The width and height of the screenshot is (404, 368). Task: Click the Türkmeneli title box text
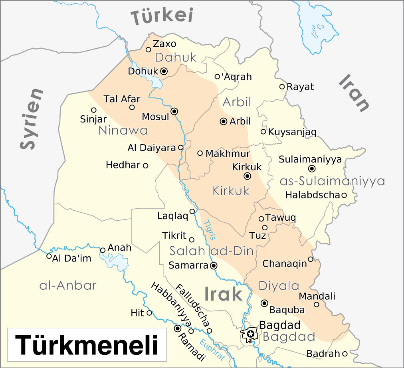pyautogui.click(x=87, y=345)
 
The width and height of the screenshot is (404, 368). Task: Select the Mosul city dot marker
pyautogui.click(x=174, y=111)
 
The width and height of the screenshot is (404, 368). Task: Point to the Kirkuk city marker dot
pyautogui.click(x=248, y=176)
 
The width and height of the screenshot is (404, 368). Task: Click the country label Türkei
pyautogui.click(x=163, y=16)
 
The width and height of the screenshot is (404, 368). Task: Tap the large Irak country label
pyautogui.click(x=223, y=294)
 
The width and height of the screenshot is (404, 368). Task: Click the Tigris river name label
pyautogui.click(x=209, y=230)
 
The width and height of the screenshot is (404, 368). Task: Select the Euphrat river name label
pyautogui.click(x=212, y=349)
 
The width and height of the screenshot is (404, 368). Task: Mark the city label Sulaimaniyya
pyautogui.click(x=310, y=159)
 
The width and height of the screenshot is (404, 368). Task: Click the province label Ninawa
pyautogui.click(x=123, y=131)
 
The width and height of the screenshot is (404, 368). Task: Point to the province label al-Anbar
pyautogui.click(x=68, y=285)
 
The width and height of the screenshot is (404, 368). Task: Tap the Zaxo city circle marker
pyautogui.click(x=148, y=50)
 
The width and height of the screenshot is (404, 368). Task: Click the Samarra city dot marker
pyautogui.click(x=214, y=265)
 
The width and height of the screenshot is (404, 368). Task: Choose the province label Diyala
pyautogui.click(x=279, y=286)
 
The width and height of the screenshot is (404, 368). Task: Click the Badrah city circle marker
pyautogui.click(x=345, y=354)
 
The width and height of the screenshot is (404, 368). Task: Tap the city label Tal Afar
pyautogui.click(x=122, y=99)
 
